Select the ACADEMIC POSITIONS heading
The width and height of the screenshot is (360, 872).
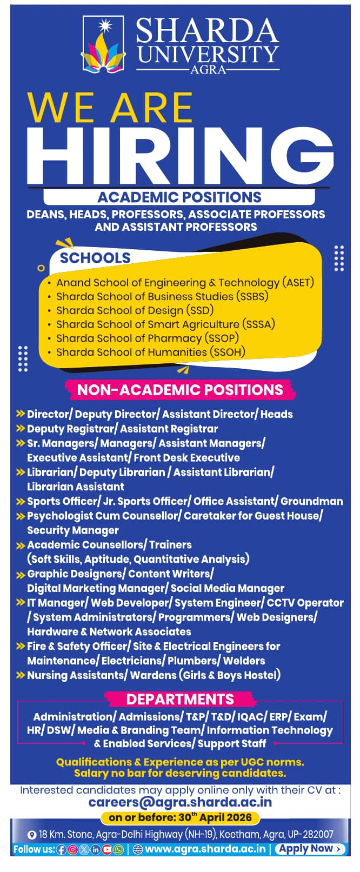[179, 197]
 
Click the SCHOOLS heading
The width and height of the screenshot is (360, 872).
[95, 258]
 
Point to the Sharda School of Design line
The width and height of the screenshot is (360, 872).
[135, 310]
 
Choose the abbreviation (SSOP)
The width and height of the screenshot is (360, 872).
[222, 338]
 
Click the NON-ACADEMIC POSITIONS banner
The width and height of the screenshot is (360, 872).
[180, 390]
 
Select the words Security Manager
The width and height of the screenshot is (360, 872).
[73, 530]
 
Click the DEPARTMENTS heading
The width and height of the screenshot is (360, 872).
[180, 699]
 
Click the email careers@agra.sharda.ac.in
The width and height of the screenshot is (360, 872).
[180, 803]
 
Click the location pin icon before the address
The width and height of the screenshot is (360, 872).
[32, 835]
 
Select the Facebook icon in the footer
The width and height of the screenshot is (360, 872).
[61, 849]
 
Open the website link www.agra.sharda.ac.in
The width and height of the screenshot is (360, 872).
[205, 849]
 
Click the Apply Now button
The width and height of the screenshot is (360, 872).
[310, 849]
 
